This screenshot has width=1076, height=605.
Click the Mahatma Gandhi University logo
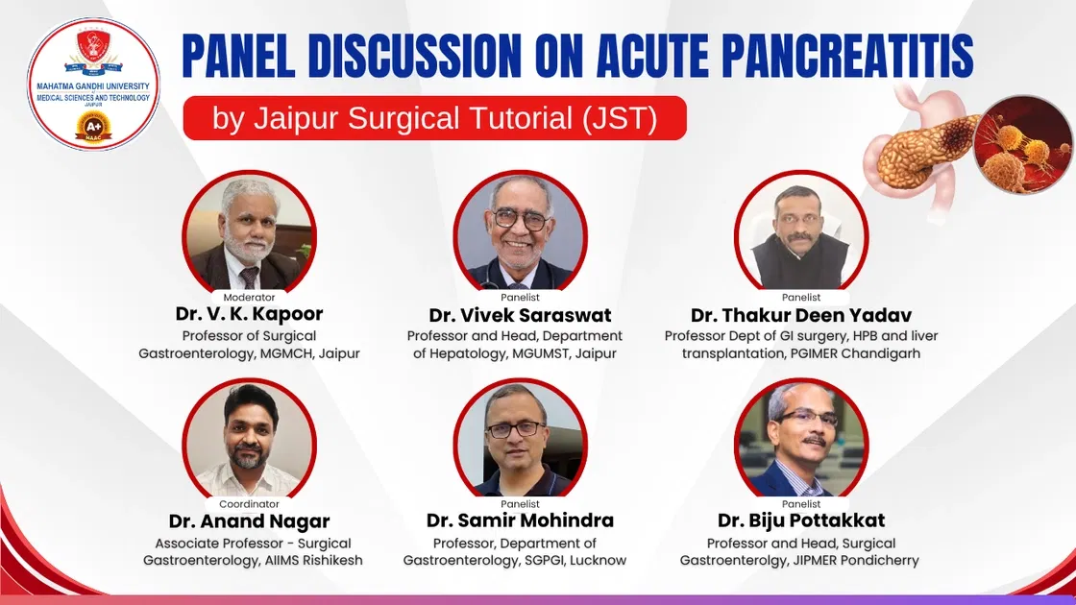pyautogui.click(x=93, y=84)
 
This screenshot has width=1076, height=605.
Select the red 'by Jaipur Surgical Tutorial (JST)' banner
pyautogui.click(x=434, y=118)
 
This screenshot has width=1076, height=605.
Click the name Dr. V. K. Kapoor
pyautogui.click(x=249, y=314)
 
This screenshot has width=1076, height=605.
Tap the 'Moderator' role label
pyautogui.click(x=249, y=297)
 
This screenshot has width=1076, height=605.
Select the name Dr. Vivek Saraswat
pyautogui.click(x=520, y=315)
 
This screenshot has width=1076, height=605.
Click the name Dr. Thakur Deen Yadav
pyautogui.click(x=801, y=315)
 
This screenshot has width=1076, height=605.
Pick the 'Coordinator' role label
pyautogui.click(x=249, y=503)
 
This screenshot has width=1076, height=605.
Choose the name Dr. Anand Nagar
pyautogui.click(x=249, y=521)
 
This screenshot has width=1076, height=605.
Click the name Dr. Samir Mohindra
pyautogui.click(x=520, y=520)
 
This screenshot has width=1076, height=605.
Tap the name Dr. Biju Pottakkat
pyautogui.click(x=801, y=520)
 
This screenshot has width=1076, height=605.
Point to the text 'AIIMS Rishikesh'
pyautogui.click(x=312, y=560)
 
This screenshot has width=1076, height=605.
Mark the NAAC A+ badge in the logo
pyautogui.click(x=93, y=127)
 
